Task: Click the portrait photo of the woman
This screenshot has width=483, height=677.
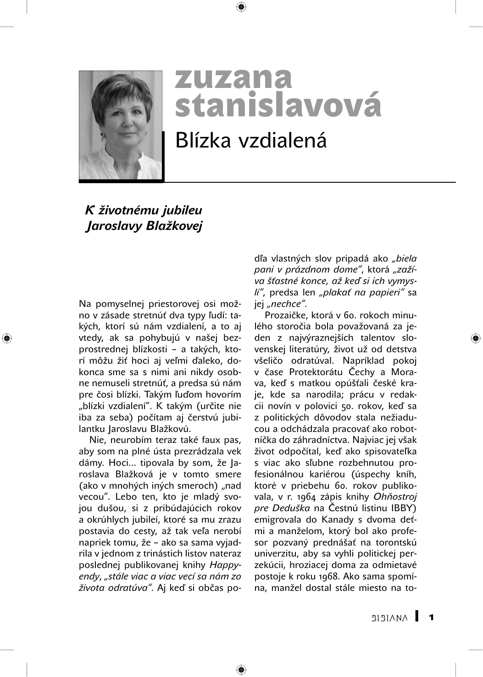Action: (x=121, y=125)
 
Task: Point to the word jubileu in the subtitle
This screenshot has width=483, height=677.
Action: (x=182, y=210)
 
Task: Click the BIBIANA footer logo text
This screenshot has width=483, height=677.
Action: (x=389, y=618)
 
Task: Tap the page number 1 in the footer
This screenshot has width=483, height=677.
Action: (x=431, y=617)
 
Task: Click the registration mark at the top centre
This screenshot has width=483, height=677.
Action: (x=241, y=6)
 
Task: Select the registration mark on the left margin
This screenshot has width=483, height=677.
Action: (x=6, y=338)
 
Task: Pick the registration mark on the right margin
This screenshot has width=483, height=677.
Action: (x=476, y=338)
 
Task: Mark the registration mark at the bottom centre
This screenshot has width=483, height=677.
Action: (x=241, y=670)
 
